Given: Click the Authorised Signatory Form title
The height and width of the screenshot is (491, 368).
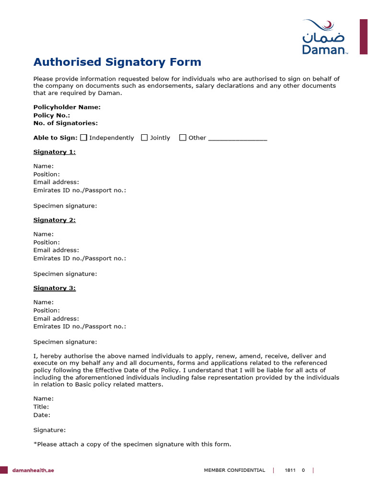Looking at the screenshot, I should point(117,62).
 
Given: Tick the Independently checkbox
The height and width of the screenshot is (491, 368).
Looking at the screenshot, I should point(84,138).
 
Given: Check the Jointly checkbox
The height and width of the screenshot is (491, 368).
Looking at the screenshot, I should point(144,138).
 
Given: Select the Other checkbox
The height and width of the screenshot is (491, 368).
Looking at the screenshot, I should point(183,138).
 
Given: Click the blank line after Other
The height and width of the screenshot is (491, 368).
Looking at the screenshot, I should point(238,139).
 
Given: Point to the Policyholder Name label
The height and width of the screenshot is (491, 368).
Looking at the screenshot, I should point(67,107).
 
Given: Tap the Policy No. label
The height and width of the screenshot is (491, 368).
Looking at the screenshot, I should point(52,115).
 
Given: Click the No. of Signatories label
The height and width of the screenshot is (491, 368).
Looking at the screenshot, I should point(65,123).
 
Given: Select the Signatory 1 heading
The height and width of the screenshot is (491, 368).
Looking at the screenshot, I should point(54,152).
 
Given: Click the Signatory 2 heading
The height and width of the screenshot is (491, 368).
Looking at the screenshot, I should point(54,220).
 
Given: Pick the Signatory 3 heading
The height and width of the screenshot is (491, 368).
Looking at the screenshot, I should point(54,288).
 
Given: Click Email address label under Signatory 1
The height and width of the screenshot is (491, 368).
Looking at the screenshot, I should point(56,182).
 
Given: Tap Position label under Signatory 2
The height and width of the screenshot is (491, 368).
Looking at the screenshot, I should point(46,242).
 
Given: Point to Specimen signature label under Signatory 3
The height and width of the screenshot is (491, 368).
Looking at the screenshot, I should point(65,342).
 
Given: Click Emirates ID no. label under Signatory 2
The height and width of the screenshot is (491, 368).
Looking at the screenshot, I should point(80,258).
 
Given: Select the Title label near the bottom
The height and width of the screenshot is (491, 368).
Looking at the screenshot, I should point(41,407).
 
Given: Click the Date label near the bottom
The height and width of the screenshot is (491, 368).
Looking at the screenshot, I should point(42,415).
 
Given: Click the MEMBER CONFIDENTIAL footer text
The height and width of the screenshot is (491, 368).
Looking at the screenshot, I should point(234,470).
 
